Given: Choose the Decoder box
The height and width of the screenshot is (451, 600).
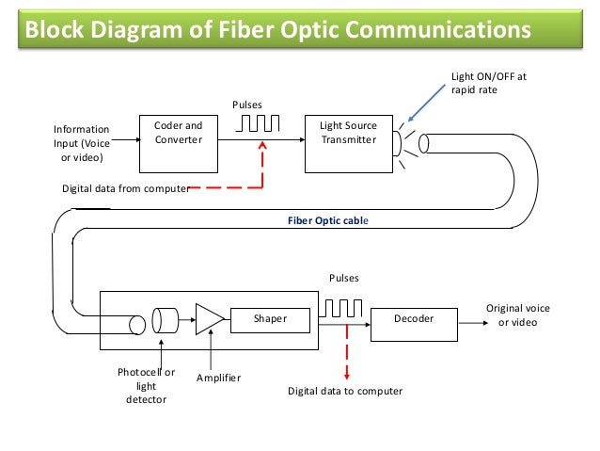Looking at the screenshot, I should click(x=414, y=320).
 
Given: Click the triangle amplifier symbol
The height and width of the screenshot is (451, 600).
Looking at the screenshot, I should click(x=208, y=320).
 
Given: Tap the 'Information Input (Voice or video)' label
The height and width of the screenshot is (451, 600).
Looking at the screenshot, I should click(x=81, y=143).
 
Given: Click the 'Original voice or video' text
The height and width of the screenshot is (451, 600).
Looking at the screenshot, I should click(x=517, y=315).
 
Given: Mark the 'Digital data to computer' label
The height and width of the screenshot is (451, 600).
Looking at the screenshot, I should click(x=344, y=391).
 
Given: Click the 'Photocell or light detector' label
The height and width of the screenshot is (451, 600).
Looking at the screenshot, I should click(x=146, y=386).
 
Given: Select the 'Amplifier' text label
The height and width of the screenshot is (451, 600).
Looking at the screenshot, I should click(x=218, y=378).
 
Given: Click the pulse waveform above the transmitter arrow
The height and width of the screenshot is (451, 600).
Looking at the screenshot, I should click(x=261, y=124).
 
